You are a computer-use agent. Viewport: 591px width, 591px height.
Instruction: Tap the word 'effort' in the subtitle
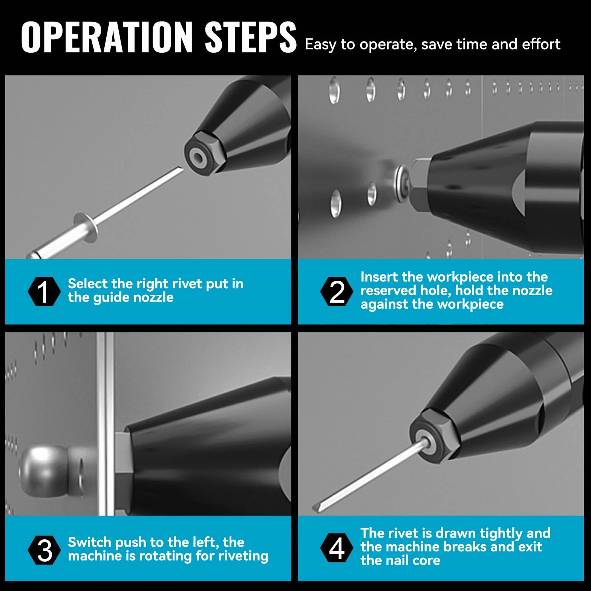pos(541,44)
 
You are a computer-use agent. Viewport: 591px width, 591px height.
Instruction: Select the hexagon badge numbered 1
pos(44,291)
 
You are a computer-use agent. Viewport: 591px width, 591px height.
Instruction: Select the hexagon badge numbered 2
pos(337,291)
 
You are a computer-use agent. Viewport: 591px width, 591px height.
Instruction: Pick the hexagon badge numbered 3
pos(44,550)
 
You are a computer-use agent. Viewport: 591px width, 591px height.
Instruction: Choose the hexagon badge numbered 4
pos(337,548)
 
